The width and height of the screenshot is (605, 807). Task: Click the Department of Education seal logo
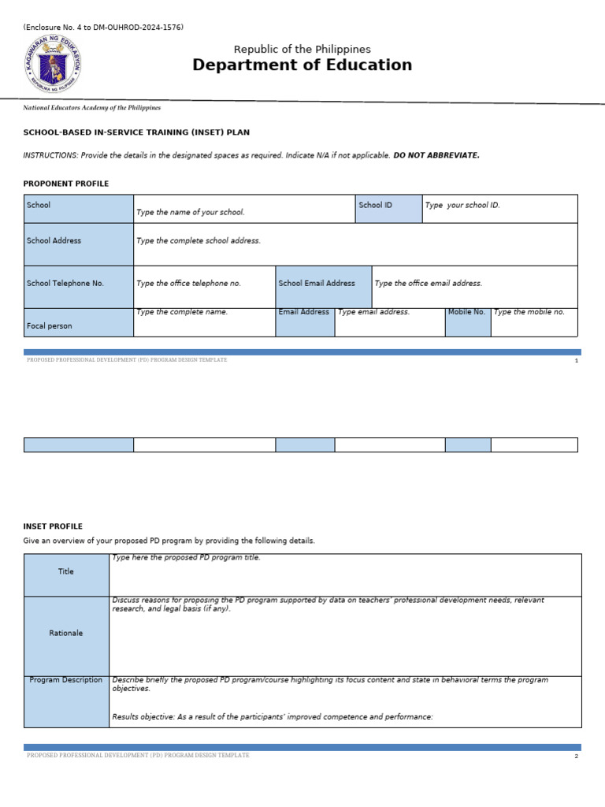click(53, 64)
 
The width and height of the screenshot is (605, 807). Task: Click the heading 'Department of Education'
click(302, 65)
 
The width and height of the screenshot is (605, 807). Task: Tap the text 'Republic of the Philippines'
click(302, 49)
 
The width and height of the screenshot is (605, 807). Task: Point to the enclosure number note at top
click(103, 28)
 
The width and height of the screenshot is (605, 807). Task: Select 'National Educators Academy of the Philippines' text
click(92, 108)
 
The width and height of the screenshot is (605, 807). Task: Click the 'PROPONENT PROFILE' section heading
click(66, 184)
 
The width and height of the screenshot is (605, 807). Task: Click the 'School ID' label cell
click(388, 209)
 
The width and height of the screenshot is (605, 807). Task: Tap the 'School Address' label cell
click(79, 244)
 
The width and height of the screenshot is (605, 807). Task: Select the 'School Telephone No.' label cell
click(79, 286)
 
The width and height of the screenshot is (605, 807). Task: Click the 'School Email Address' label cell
click(323, 286)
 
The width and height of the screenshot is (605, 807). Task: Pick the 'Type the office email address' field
click(474, 286)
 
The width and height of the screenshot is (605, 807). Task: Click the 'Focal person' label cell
click(79, 322)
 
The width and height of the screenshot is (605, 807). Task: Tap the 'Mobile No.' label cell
click(467, 322)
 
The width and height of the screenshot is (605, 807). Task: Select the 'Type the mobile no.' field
click(533, 322)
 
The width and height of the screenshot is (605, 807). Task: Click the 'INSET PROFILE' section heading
click(53, 526)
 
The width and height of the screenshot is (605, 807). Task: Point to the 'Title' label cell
click(66, 575)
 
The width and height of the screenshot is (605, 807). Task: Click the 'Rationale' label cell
click(66, 636)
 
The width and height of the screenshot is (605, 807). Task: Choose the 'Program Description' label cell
click(66, 701)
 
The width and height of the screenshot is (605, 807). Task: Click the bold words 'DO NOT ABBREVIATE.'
click(436, 155)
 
